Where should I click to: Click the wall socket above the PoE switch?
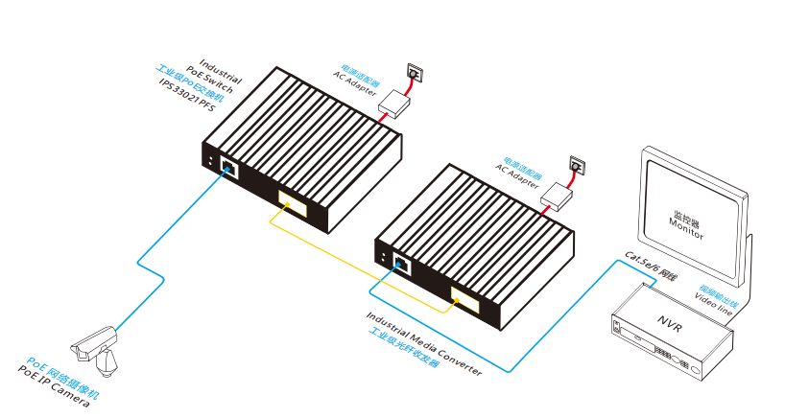pos(415,71)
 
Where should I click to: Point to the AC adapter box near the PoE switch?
pos(392,102)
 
